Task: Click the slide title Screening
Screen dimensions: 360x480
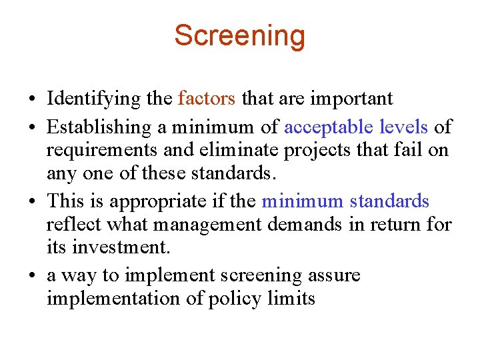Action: click(x=239, y=35)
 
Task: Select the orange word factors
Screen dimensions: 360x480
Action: click(x=207, y=99)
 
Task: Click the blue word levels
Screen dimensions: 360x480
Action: click(x=403, y=126)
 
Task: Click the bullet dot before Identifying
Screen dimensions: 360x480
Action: click(x=32, y=100)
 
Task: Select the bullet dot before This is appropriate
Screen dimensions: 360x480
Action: click(x=32, y=202)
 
